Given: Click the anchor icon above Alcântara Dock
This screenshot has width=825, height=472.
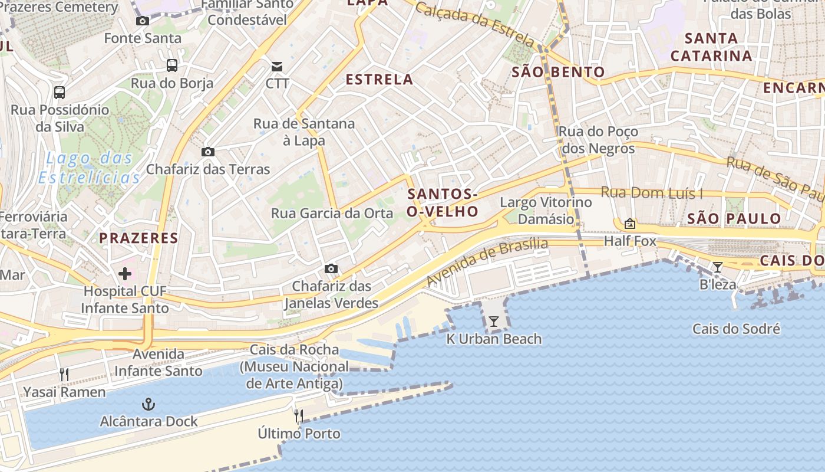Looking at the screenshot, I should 148,404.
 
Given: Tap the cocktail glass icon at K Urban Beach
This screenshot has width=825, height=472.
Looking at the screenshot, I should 494,322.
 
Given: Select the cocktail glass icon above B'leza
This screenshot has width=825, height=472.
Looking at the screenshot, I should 717,267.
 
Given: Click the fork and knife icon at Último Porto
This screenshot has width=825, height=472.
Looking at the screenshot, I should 299,416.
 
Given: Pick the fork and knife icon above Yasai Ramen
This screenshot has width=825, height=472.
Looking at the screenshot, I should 64,374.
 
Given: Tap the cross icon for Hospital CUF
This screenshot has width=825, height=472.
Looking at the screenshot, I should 125,273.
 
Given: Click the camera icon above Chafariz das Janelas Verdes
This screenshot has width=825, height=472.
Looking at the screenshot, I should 331,269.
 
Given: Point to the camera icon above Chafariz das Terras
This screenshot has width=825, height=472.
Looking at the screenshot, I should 207,152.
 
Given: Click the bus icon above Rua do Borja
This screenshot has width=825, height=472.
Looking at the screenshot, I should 172,65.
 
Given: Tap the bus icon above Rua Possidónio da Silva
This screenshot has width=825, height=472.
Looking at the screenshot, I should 60,92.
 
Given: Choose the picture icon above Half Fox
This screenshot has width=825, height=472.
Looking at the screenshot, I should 629,224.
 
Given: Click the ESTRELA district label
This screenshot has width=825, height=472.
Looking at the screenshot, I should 379,80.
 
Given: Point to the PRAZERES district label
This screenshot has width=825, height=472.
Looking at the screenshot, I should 138,238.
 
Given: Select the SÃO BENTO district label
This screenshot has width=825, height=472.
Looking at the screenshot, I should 558,73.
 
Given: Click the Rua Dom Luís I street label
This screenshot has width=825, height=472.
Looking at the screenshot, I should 652,193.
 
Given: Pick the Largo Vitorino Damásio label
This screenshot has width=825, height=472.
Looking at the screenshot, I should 546,211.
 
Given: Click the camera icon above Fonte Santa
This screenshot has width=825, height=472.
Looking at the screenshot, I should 143,21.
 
